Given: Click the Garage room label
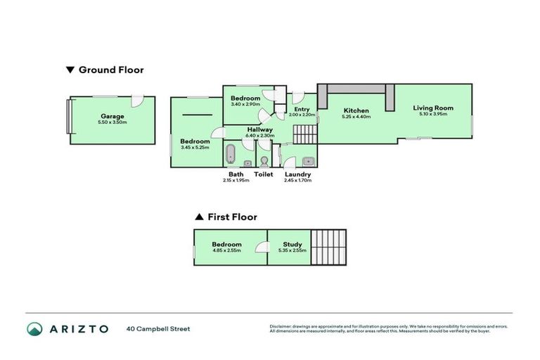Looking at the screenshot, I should coord(112,116).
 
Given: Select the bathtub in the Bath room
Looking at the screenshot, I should coord(230,154).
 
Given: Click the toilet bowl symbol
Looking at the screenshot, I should coord(264,159).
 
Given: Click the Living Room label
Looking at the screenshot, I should coord(432,108).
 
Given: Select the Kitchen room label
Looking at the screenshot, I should coord(356,111).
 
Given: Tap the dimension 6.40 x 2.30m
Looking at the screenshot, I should coord(259,136).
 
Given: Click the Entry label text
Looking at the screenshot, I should coord(302,109).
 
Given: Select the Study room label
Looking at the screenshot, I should coord(292,245).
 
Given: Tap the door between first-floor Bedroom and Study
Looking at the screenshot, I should coord(262,247).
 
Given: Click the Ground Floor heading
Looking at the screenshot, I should coord(110,70).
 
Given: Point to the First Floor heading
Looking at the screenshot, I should coord(231,217).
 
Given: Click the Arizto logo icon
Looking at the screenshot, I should coord(34,328).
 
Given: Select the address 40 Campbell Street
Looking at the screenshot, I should coord(158,328).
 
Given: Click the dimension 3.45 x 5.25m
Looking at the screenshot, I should coord(195,148).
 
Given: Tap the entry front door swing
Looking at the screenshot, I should coord(297,98).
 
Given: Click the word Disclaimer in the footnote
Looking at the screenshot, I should coord(281,326).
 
